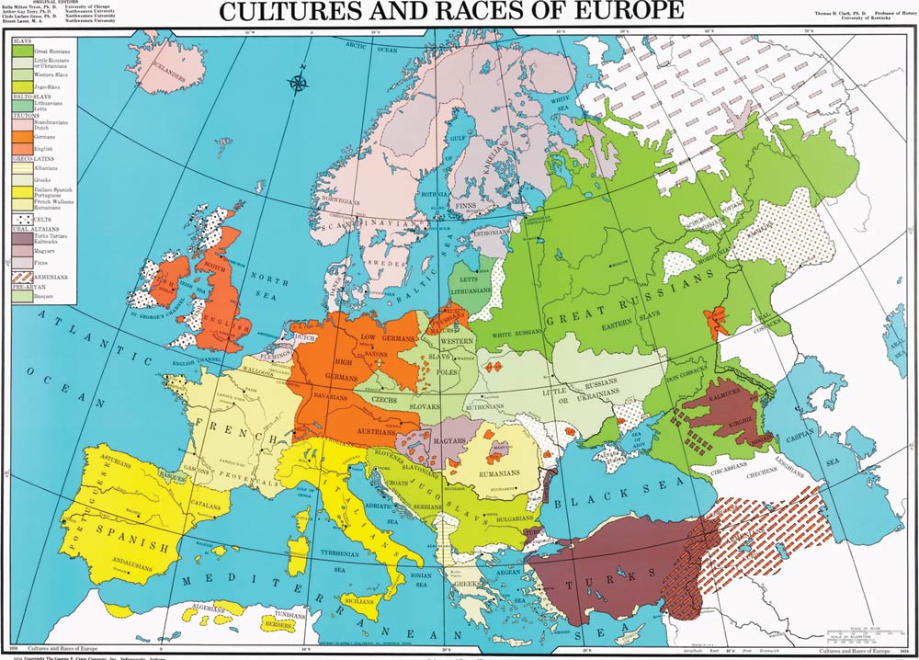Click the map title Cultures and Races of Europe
click(450, 11)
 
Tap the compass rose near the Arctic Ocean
click(298, 85)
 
